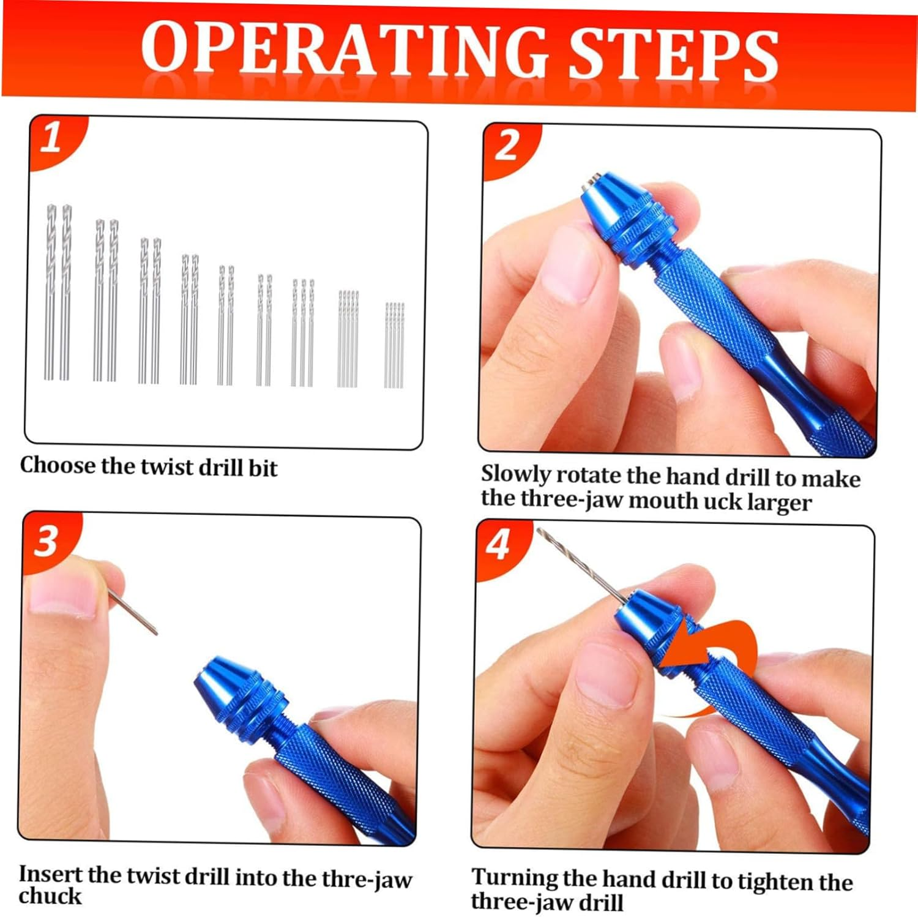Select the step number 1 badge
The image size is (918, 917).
(52, 138)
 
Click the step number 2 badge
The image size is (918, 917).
(507, 147)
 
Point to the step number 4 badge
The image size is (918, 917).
(498, 545)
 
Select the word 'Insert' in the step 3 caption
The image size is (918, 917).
(50, 874)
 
